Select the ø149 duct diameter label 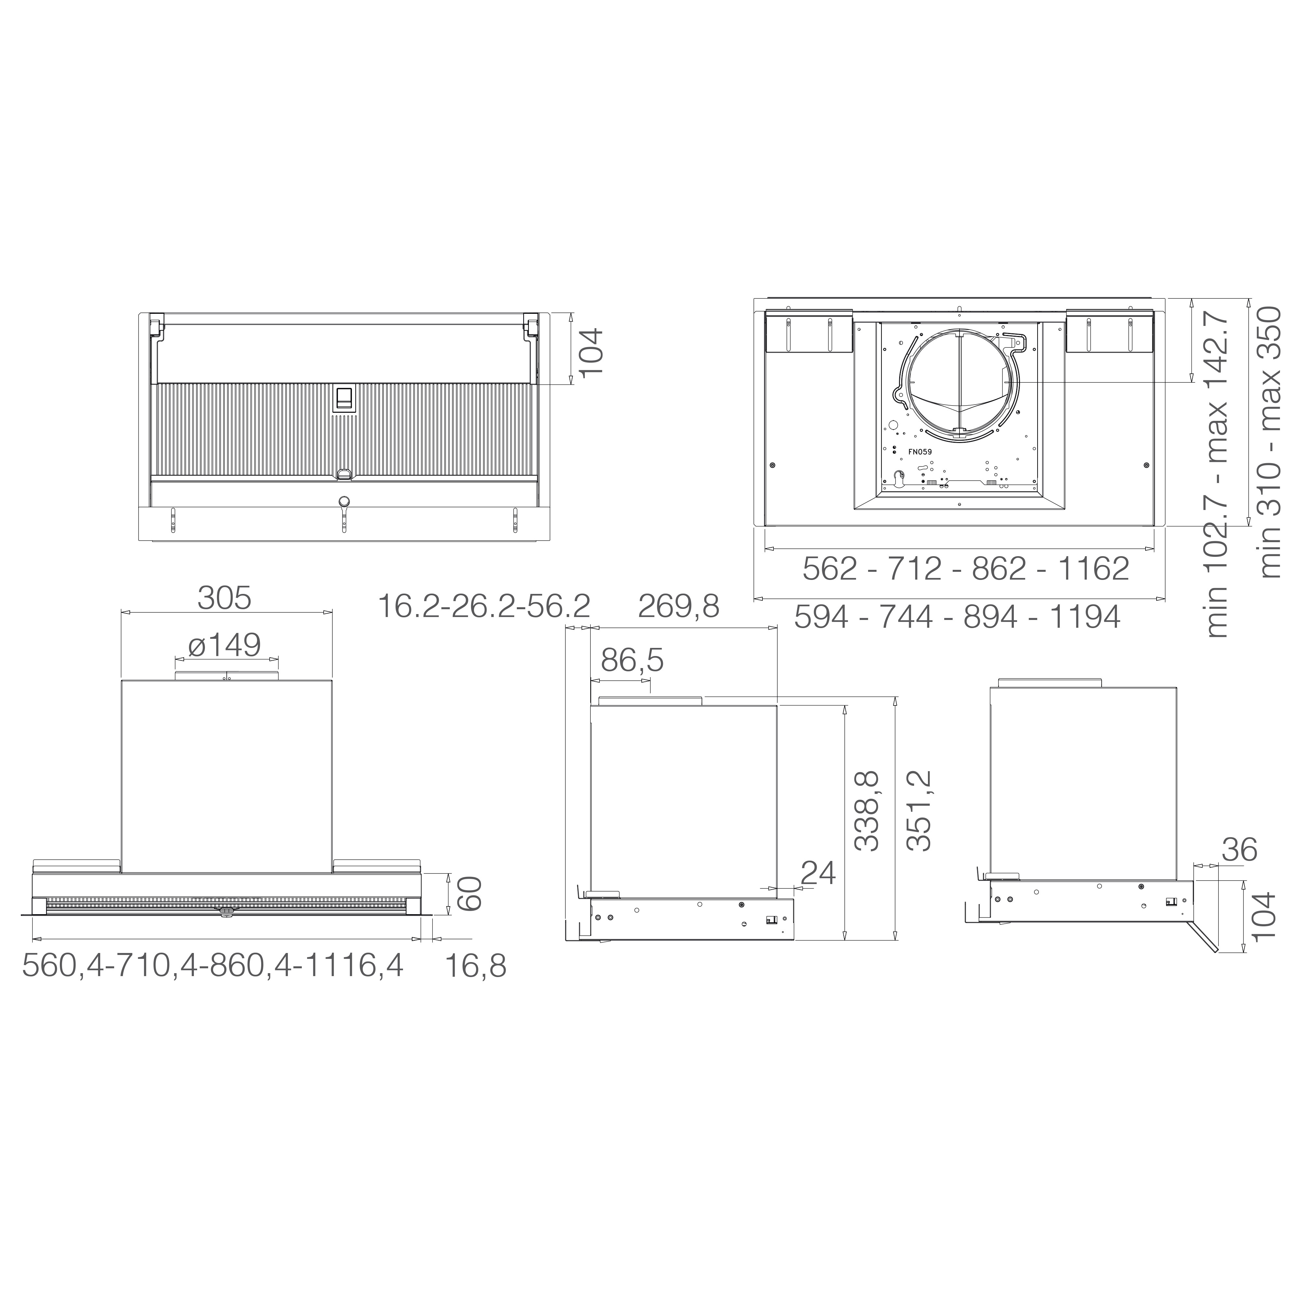coord(225,645)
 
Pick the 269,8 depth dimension coord(679,606)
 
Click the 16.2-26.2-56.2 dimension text coord(484,606)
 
